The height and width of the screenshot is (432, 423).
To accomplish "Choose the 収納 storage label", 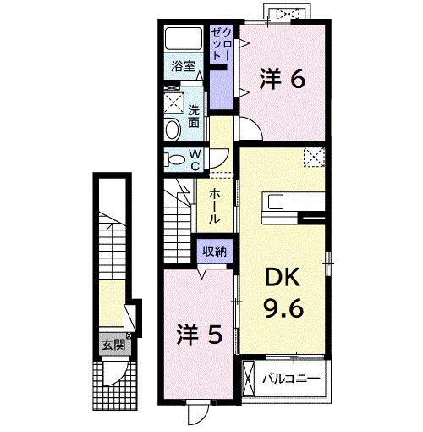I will pos(215,251).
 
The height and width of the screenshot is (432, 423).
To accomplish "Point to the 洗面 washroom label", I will pos(195,115).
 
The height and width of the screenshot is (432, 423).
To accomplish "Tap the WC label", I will pos(194,158).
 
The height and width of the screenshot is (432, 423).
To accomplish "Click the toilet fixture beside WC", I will pos(174,158).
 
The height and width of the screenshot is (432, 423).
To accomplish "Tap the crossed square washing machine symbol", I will pos(176,102).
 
